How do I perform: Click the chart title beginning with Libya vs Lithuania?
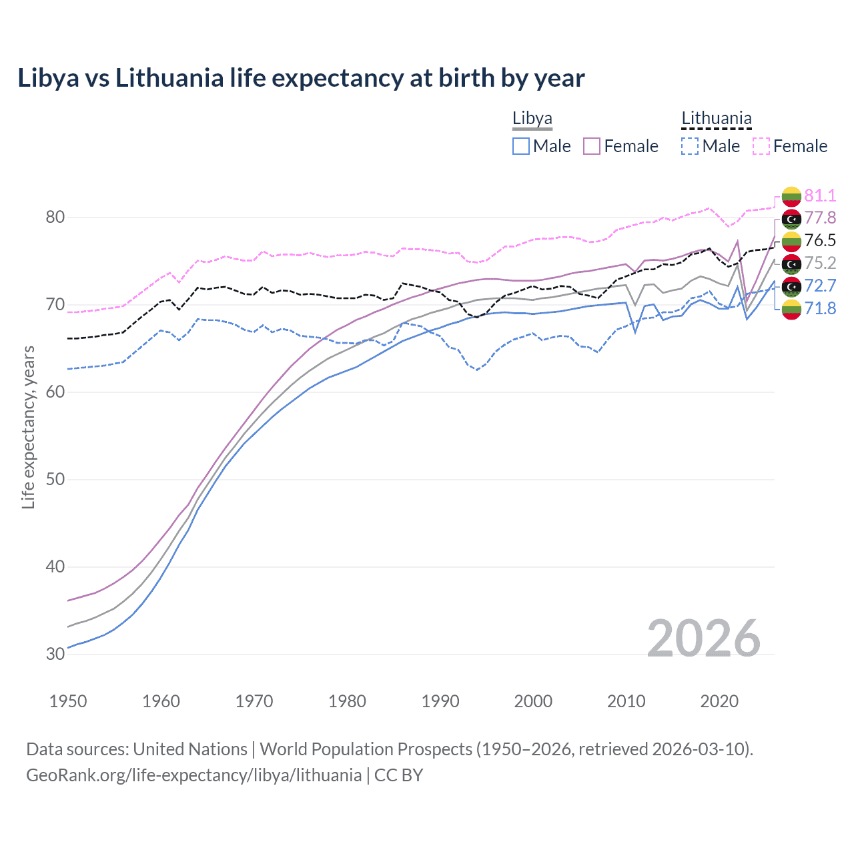click(301, 78)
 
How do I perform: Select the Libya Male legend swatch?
click(521, 146)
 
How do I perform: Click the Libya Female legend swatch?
click(592, 146)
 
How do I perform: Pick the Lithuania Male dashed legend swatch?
click(690, 146)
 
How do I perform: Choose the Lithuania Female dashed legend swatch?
click(761, 146)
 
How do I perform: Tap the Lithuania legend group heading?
click(716, 119)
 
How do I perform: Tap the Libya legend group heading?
click(532, 119)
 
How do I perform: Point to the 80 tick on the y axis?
click(55, 218)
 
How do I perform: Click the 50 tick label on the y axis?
click(55, 480)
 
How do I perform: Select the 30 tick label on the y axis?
click(55, 655)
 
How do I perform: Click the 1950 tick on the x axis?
click(68, 701)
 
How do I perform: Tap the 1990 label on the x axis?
click(440, 701)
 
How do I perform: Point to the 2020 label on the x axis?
click(719, 701)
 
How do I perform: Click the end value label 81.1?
click(820, 195)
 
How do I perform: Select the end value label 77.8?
click(820, 218)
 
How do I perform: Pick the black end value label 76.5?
click(820, 241)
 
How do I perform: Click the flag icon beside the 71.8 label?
click(791, 309)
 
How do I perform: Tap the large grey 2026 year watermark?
click(704, 639)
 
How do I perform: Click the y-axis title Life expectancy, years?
click(28, 427)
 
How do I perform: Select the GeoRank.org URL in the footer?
click(193, 775)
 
